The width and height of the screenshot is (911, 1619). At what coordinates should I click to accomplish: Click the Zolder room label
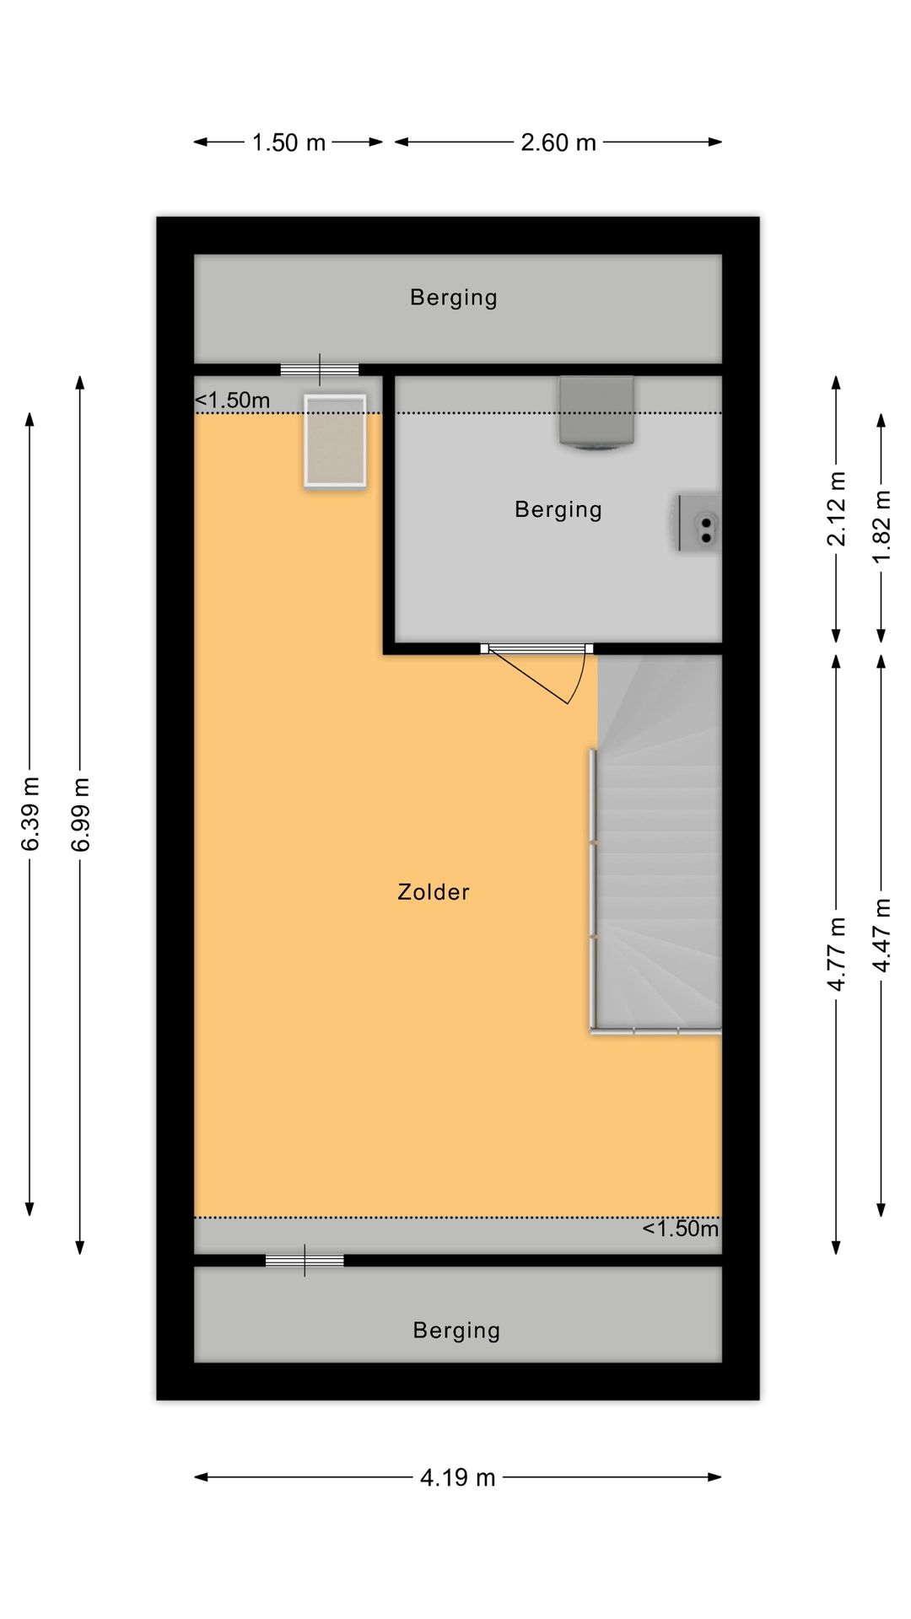click(x=433, y=892)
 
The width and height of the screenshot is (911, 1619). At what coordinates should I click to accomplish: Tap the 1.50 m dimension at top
click(x=288, y=143)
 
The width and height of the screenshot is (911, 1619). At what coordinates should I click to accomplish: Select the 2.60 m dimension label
click(x=558, y=143)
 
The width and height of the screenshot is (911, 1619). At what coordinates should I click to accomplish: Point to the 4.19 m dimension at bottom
click(x=457, y=1477)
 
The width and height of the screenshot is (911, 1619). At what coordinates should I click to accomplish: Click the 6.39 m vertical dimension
click(x=30, y=815)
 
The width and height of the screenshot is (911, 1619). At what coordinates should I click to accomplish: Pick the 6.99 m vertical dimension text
click(x=80, y=815)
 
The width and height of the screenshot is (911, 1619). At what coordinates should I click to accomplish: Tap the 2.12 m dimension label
click(x=836, y=508)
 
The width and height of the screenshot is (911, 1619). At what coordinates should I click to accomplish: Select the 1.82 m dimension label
click(x=881, y=527)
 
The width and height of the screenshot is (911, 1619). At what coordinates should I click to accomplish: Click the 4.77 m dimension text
click(x=836, y=954)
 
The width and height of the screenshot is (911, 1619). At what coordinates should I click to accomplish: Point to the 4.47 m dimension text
click(x=881, y=935)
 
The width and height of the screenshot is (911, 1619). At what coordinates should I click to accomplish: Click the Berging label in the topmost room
click(x=454, y=298)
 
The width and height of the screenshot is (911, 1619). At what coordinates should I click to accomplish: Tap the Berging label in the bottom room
click(x=456, y=1331)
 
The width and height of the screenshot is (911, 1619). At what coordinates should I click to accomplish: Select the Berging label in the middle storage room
click(x=558, y=509)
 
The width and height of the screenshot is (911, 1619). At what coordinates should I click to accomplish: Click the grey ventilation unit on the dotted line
click(x=596, y=412)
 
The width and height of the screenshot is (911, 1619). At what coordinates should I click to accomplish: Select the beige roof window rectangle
click(x=335, y=441)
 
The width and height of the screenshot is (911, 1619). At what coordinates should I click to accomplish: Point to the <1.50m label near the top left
click(x=233, y=401)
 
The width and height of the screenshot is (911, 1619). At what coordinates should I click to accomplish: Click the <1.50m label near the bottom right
click(x=680, y=1229)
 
